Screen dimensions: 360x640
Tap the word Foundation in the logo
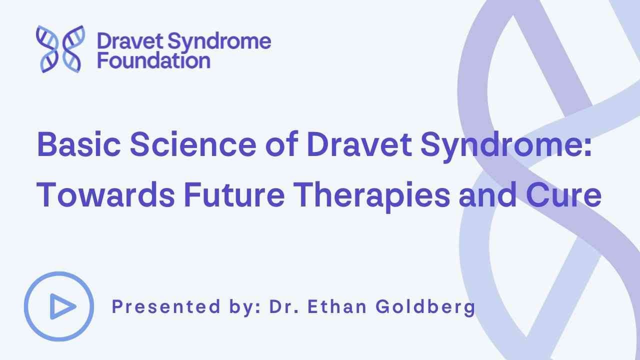[153, 60]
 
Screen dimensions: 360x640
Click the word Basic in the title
[79, 144]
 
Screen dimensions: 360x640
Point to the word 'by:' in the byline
[244, 307]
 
